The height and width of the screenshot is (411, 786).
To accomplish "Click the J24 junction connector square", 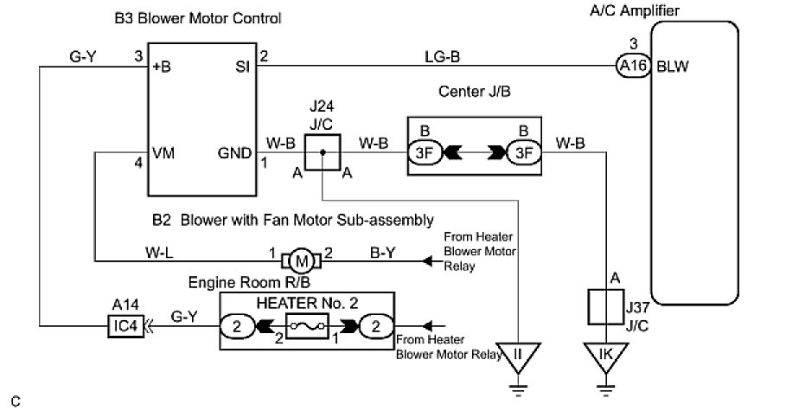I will pos(322,152).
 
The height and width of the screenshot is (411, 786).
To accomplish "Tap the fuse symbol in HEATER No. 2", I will pos(307,327).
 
